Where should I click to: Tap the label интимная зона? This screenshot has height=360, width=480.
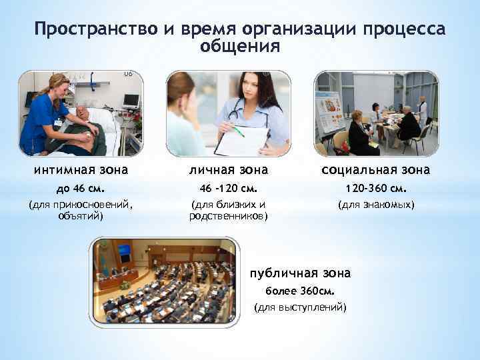point(81,171)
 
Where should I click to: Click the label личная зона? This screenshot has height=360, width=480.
point(229,171)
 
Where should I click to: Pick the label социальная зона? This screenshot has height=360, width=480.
point(377,171)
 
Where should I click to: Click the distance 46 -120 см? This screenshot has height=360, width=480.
point(229,188)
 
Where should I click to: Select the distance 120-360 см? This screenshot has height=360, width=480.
point(377,188)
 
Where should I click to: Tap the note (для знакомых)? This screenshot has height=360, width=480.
point(377,205)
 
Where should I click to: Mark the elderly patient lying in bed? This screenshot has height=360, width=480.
point(90,127)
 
